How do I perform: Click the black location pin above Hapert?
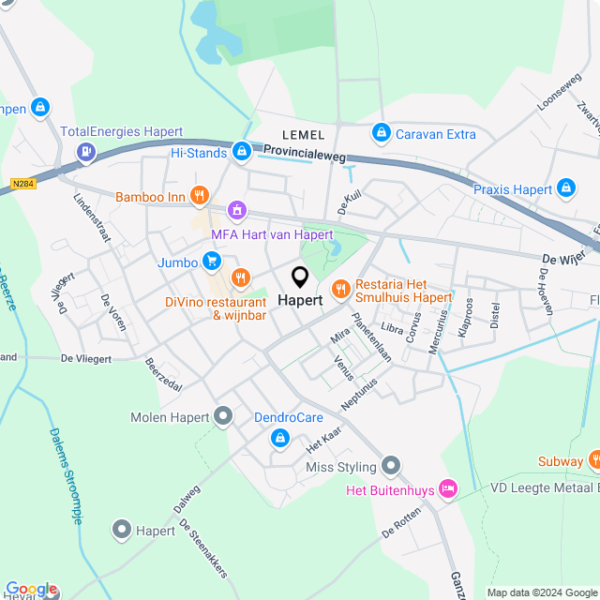coord(300,277)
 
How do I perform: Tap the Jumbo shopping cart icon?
coord(213,262)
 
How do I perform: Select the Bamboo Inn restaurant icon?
coord(199,196)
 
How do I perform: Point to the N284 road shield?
coord(23,184)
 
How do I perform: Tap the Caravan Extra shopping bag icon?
coord(381,134)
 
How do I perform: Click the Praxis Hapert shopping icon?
coord(566,188)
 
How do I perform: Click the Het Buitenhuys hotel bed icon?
coord(448,488)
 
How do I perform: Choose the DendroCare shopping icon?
coord(279,437)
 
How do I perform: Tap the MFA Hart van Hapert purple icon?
coord(238,211)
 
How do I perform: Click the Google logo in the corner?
coord(30,589)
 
